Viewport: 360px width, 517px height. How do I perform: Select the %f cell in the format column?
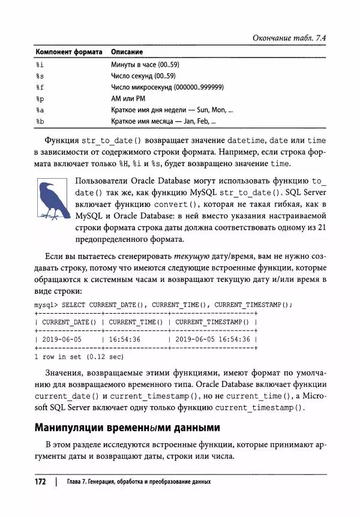coord(40,88)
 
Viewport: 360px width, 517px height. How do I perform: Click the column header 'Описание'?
coord(127,52)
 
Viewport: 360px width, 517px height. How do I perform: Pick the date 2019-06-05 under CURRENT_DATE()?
coord(62,339)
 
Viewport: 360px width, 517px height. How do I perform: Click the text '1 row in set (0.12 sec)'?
coord(79,357)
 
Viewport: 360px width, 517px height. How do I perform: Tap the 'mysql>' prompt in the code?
coord(46,305)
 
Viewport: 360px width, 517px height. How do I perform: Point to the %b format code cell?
coord(40,122)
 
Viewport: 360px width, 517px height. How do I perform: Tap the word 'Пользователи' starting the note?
coord(101,181)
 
